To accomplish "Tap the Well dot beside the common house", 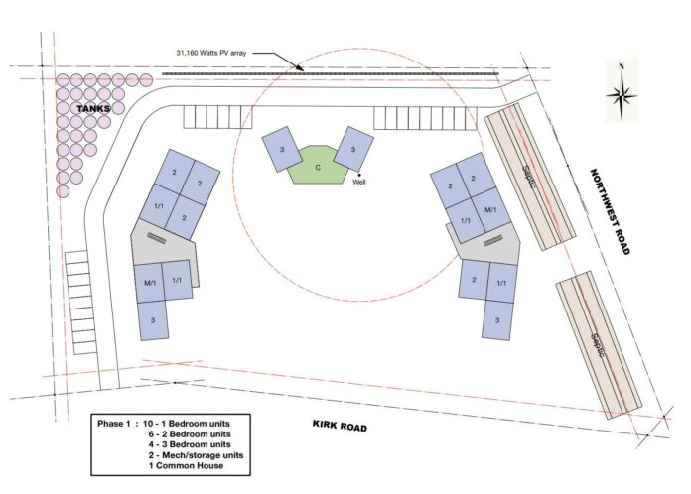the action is [x=359, y=175].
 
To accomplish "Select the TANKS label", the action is [x=93, y=108].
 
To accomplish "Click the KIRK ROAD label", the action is [x=340, y=426].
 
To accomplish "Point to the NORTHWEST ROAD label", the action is [x=610, y=211].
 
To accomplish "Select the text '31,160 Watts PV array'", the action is [x=211, y=53].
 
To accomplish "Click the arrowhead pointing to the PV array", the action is [x=300, y=68].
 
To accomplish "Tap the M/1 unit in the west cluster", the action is [x=150, y=283].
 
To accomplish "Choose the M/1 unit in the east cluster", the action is [x=490, y=210].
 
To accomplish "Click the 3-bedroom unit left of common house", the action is [x=282, y=149].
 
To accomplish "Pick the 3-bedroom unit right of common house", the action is [x=353, y=149].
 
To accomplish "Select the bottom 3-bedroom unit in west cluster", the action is [x=153, y=320].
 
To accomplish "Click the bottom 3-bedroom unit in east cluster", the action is [x=497, y=320].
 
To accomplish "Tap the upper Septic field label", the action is [x=528, y=177].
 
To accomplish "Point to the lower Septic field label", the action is [x=598, y=345].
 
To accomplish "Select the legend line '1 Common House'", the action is [x=186, y=465].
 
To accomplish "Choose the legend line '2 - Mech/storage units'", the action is [x=196, y=455].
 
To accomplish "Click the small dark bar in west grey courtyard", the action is [x=157, y=238].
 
